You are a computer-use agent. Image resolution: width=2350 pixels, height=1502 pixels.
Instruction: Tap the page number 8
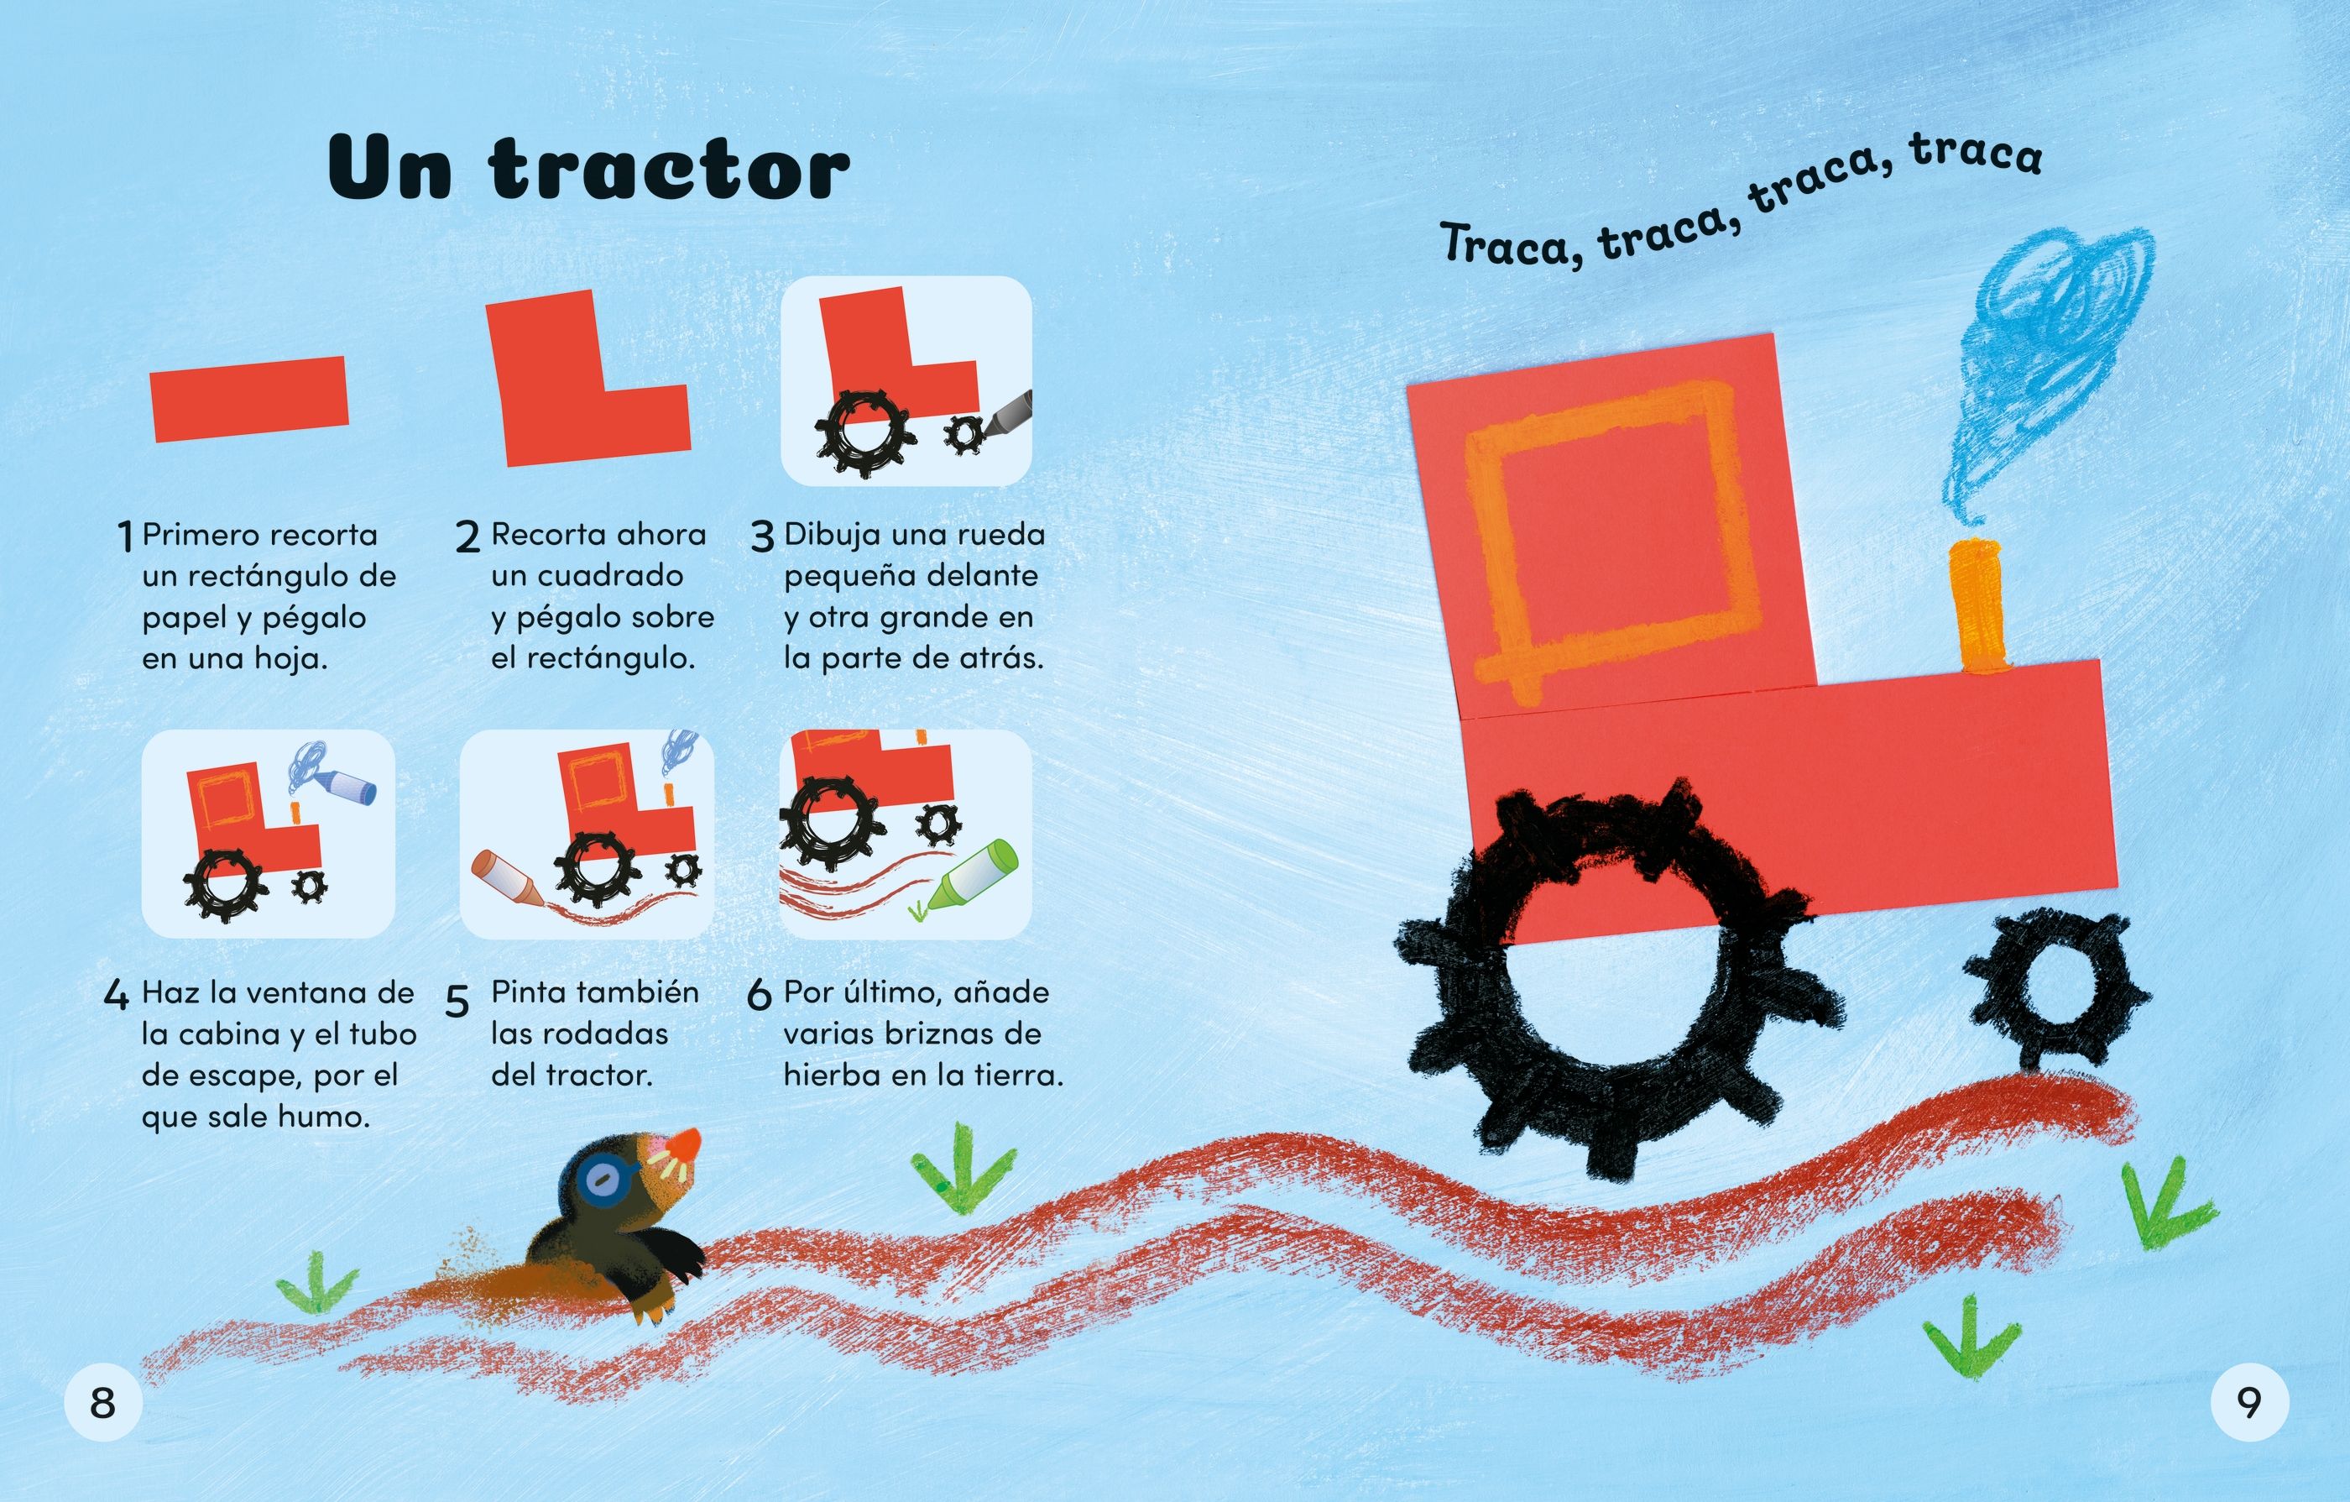click(x=102, y=1404)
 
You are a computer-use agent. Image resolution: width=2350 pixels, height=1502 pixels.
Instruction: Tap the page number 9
click(x=2249, y=1404)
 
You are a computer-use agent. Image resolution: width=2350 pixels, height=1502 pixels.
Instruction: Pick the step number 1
click(x=124, y=536)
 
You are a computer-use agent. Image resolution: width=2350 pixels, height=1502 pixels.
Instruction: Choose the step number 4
click(x=116, y=996)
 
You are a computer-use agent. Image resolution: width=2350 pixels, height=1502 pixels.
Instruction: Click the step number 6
click(x=760, y=996)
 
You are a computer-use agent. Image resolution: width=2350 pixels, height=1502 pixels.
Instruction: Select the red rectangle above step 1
click(x=250, y=398)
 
